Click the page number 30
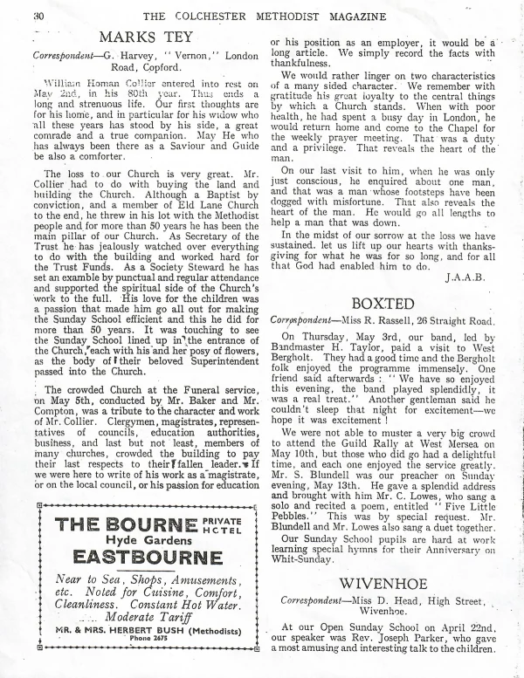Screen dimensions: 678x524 15,12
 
